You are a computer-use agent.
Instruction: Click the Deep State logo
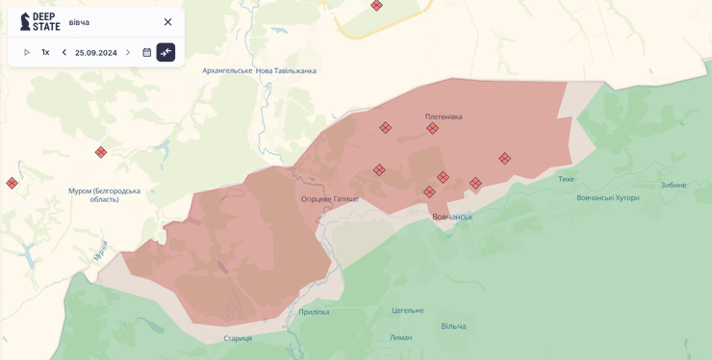tap(39, 21)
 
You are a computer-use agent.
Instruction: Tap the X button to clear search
tap(167, 22)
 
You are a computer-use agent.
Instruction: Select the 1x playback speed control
tap(45, 52)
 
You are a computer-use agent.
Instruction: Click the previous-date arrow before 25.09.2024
tap(64, 52)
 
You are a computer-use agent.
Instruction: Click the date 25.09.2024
tap(96, 52)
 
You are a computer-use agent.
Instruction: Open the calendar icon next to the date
tap(146, 52)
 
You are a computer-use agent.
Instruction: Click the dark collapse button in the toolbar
tap(165, 52)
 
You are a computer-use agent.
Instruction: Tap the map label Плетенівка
tap(444, 116)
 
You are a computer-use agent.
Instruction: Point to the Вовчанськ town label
tap(452, 217)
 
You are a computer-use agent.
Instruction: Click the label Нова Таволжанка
tap(286, 70)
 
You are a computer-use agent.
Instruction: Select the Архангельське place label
tap(227, 70)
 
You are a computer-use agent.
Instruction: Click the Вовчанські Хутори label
tap(607, 197)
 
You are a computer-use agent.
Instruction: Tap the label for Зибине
tap(674, 185)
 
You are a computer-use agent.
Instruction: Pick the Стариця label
tap(238, 338)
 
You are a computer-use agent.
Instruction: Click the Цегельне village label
tap(407, 310)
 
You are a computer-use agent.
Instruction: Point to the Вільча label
tap(453, 326)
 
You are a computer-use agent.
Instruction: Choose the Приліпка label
tap(314, 311)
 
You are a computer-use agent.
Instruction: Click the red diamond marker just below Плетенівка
tap(432, 129)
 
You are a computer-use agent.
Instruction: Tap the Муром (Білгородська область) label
tap(104, 194)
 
